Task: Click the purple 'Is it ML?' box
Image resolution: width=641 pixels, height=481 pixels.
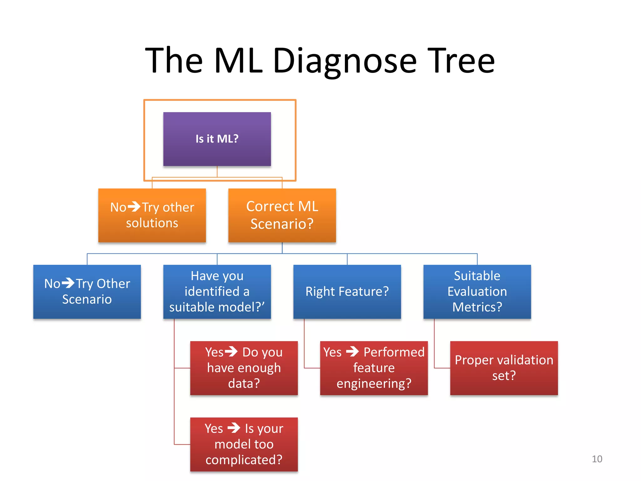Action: click(x=217, y=139)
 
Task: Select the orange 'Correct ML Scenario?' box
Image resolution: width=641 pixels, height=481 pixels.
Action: click(x=282, y=215)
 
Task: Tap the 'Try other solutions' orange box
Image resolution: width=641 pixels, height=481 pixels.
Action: click(x=152, y=215)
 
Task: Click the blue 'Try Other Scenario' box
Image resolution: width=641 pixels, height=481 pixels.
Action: click(x=87, y=292)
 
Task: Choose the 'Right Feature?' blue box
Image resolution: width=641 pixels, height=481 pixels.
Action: click(x=347, y=292)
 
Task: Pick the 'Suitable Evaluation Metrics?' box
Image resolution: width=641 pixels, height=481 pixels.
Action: click(x=477, y=292)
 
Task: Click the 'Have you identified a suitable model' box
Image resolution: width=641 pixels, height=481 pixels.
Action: click(x=217, y=292)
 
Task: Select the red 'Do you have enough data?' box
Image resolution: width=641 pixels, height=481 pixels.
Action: click(x=244, y=368)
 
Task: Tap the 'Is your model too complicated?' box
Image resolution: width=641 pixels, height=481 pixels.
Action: click(x=244, y=444)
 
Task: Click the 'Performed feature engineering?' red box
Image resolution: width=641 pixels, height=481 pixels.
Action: click(x=374, y=368)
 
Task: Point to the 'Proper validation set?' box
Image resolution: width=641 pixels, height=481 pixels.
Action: click(x=504, y=368)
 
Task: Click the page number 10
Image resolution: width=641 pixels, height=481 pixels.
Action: click(x=597, y=459)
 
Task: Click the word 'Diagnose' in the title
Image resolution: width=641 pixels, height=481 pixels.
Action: click(x=345, y=61)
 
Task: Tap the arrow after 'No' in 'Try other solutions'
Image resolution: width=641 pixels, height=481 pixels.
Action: click(x=134, y=207)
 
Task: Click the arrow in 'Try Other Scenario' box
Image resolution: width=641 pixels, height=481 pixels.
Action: click(x=68, y=283)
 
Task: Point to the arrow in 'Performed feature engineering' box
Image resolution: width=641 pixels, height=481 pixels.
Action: click(x=352, y=351)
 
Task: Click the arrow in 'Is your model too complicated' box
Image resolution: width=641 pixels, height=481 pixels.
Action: click(x=233, y=428)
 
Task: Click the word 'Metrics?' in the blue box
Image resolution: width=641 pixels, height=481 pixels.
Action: click(x=477, y=307)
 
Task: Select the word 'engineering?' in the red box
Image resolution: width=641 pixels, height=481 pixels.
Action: click(x=374, y=384)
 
